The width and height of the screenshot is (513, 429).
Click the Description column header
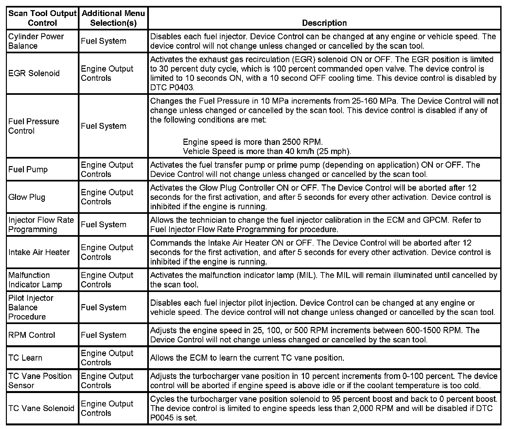pyautogui.click(x=324, y=23)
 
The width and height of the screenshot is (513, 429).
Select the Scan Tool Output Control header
pyautogui.click(x=42, y=18)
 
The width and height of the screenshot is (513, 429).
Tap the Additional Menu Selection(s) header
pyautogui.click(x=113, y=18)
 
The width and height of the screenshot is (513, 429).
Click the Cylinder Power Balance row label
pyautogui.click(x=36, y=41)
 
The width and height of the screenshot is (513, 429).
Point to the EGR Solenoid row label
pyautogui.click(x=34, y=73)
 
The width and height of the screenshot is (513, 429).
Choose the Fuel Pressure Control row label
pyautogui.click(x=34, y=126)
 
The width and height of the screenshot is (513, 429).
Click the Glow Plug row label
pyautogui.click(x=27, y=197)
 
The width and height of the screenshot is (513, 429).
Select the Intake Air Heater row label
pyautogui.click(x=39, y=252)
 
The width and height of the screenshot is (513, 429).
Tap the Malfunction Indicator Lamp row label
pyautogui.click(x=35, y=280)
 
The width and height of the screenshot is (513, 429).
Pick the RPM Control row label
pyautogui.click(x=32, y=335)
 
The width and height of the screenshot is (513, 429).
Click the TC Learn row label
pyautogui.click(x=25, y=358)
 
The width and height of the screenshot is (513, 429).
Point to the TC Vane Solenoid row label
pyautogui.click(x=41, y=408)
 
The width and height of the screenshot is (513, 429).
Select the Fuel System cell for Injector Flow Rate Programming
pyautogui.click(x=103, y=225)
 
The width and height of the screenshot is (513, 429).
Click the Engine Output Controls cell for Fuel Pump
pyautogui.click(x=107, y=169)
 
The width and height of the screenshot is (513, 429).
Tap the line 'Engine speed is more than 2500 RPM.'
pyautogui.click(x=253, y=142)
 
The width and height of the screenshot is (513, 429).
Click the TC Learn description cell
pyautogui.click(x=247, y=358)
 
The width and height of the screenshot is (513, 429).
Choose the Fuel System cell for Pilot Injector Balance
pyautogui.click(x=103, y=308)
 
